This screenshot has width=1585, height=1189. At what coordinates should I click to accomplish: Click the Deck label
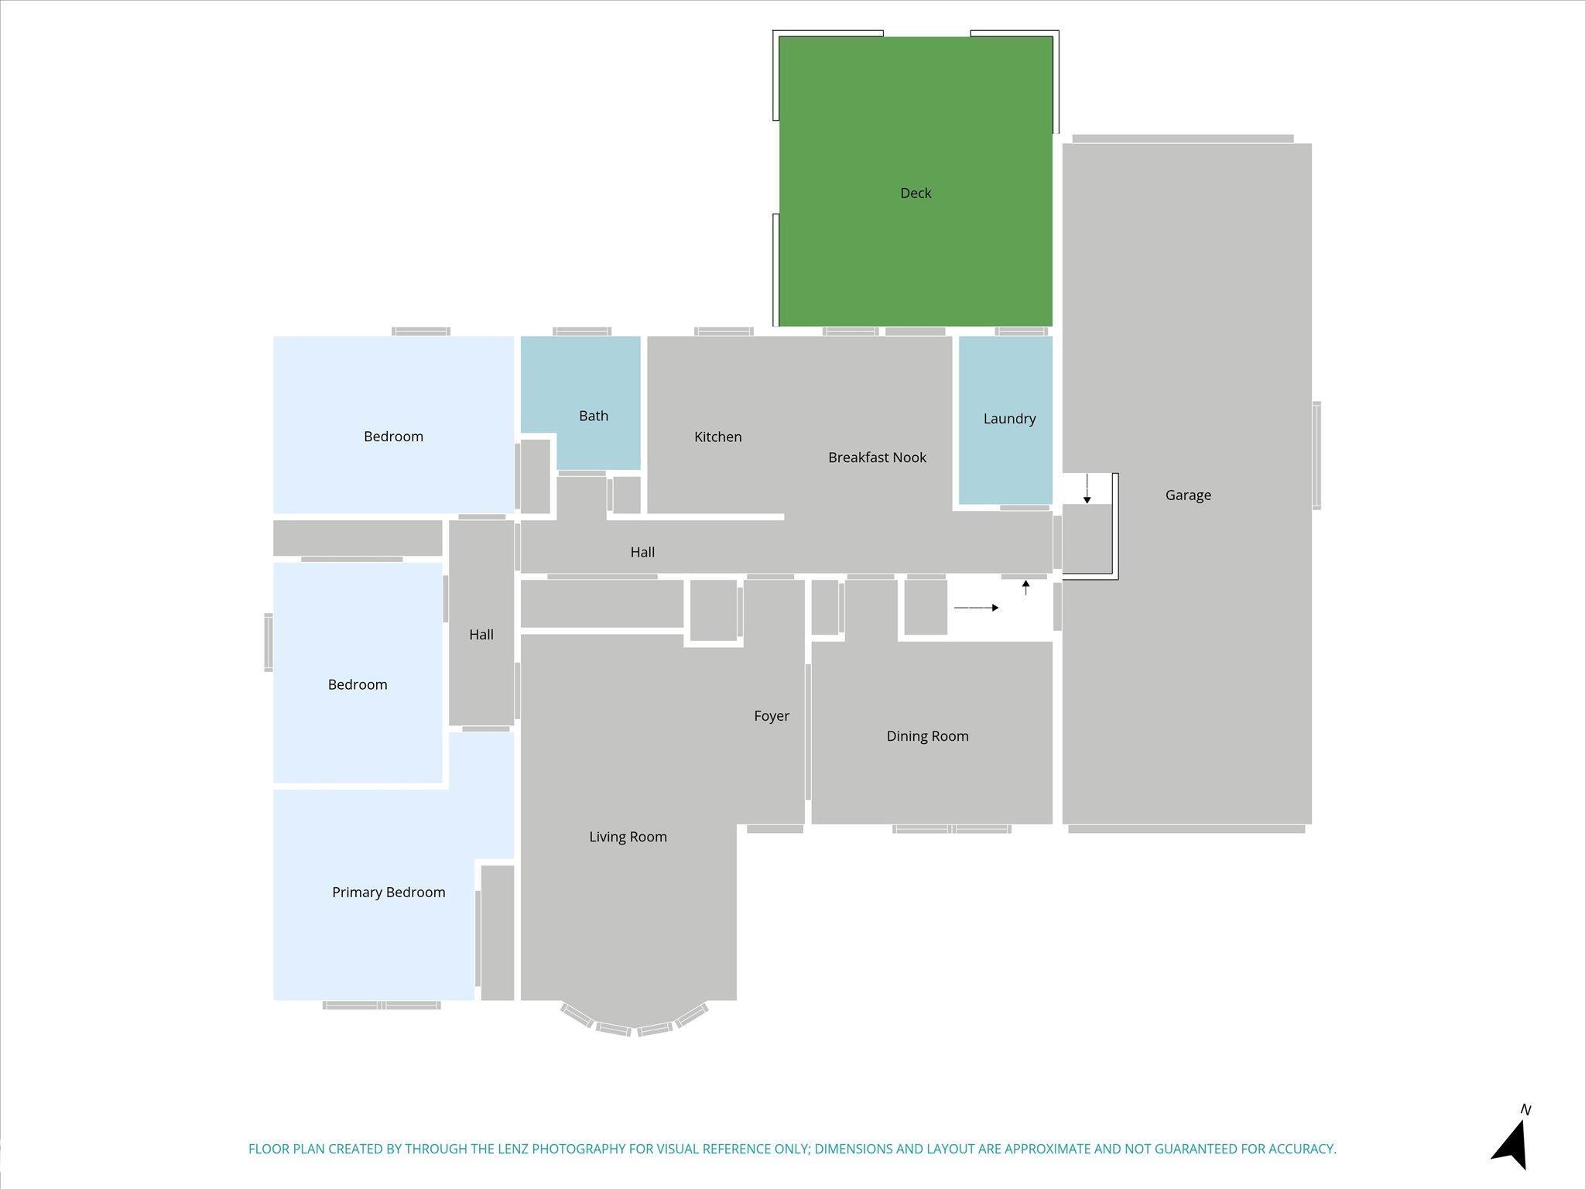916,193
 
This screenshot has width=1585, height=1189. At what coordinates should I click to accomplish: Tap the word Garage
1188,495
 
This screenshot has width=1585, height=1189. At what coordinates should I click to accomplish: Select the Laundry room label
1009,419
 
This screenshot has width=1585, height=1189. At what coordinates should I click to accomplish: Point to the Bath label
594,416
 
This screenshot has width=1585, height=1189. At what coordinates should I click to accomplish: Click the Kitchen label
717,437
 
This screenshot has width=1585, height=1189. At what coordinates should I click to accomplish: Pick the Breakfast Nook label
877,457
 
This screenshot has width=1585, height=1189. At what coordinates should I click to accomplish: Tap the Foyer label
772,716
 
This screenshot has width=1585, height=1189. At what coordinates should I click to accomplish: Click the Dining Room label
927,736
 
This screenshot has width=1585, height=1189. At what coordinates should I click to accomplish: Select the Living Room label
628,837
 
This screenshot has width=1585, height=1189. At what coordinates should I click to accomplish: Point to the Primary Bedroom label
389,893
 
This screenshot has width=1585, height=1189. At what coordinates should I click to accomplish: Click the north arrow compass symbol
1511,1145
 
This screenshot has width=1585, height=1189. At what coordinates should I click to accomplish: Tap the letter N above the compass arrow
1525,1110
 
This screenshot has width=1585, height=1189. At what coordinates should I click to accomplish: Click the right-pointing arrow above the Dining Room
976,608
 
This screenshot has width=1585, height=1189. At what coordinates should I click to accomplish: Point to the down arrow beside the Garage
1087,488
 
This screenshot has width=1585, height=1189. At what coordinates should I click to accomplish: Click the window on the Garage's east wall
1316,455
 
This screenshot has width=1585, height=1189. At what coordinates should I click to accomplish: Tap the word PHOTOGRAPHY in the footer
578,1149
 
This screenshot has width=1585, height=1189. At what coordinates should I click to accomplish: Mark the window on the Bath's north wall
582,331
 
